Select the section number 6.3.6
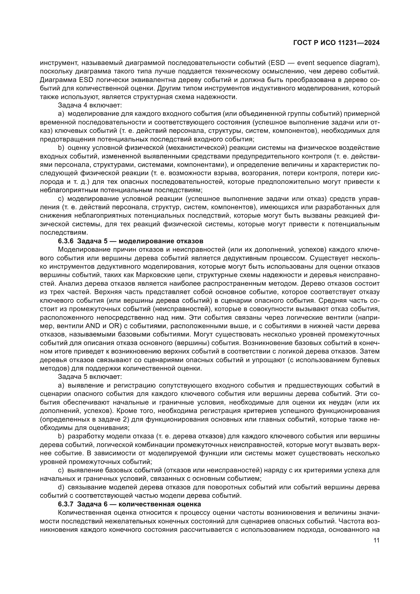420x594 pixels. click(66, 241)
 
